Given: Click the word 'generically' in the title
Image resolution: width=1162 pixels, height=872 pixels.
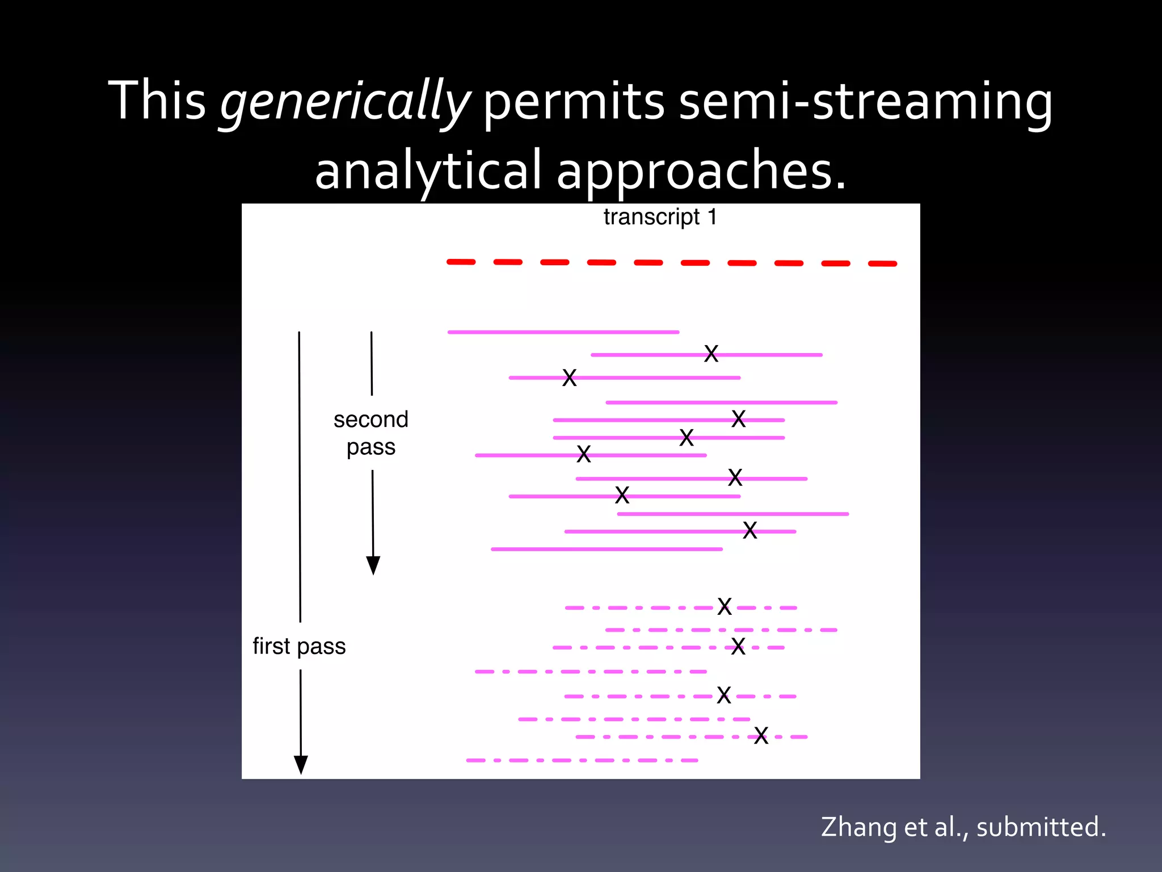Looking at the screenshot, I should [344, 102].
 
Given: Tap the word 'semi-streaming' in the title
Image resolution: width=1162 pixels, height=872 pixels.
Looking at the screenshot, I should [865, 102].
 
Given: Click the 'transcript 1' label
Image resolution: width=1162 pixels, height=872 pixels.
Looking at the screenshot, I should [660, 217].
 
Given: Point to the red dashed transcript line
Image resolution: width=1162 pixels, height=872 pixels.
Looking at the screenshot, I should [672, 262].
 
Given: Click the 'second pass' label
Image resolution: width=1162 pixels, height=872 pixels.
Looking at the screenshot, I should [371, 433].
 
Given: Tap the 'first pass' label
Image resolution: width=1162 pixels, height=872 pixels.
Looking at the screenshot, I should [299, 646].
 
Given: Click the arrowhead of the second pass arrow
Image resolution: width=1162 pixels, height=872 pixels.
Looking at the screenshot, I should [373, 565].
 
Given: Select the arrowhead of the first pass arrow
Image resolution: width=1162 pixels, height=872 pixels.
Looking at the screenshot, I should [301, 765].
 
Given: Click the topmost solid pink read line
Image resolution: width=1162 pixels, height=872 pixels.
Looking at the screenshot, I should [563, 332].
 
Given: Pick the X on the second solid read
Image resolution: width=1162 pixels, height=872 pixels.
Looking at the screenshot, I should [711, 354].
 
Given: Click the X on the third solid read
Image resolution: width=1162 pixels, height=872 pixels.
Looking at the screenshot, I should [569, 378].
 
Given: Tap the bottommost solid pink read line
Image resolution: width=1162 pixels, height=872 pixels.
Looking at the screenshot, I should [606, 549].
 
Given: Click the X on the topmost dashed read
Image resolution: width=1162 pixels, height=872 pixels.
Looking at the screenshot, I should [725, 606].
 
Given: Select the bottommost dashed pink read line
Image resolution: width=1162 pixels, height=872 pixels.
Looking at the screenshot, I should [582, 760].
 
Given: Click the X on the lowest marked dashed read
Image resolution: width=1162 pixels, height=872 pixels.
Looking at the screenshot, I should [761, 736].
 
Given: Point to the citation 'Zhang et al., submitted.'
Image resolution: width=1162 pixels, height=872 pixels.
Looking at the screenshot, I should [963, 827].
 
